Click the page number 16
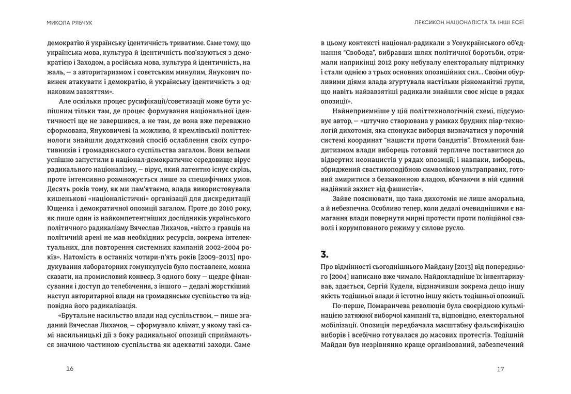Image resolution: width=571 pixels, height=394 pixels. point(70,368)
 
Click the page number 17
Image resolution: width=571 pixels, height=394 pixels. point(500,369)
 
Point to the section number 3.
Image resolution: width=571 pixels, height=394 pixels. point(325,253)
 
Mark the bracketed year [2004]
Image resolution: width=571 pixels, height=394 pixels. point(332,276)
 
